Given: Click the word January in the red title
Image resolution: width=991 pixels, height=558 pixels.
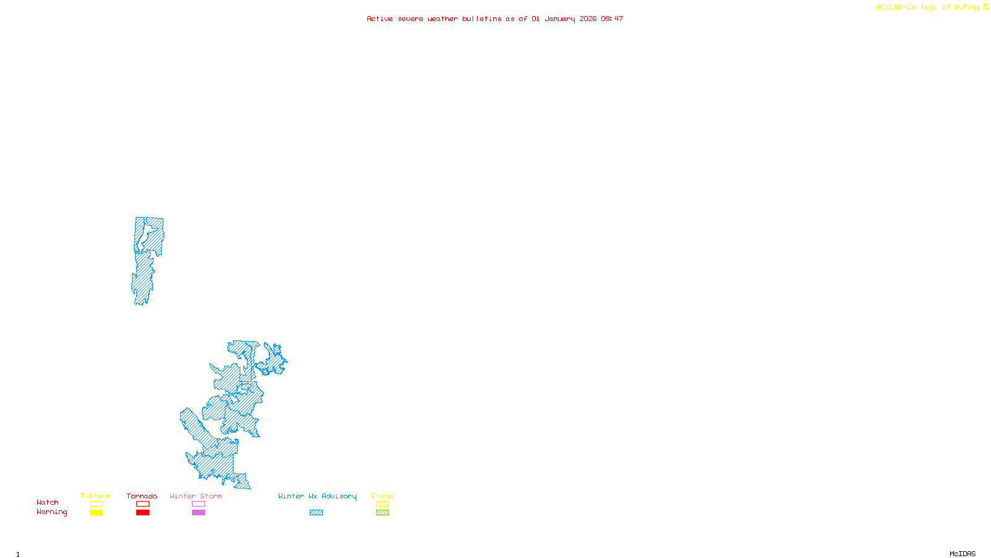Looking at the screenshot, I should click(x=559, y=19).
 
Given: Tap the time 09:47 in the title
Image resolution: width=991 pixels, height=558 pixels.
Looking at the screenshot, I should click(x=611, y=19).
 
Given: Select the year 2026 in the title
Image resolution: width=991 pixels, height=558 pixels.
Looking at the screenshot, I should click(x=588, y=19).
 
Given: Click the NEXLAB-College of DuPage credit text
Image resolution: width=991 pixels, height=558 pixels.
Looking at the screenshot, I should click(x=928, y=7).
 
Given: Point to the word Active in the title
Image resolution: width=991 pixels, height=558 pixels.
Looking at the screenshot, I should click(x=380, y=19).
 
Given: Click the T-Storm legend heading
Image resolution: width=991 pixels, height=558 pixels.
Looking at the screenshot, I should click(x=95, y=496).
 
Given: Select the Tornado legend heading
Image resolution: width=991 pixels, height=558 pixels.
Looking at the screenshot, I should click(x=142, y=496).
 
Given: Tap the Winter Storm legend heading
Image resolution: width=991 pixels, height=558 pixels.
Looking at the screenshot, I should click(x=196, y=496).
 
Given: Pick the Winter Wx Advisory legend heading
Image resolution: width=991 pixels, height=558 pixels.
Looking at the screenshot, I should click(x=317, y=496).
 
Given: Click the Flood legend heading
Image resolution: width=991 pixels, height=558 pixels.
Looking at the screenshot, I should click(x=382, y=496).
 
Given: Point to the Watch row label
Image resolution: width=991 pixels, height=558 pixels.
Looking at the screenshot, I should click(x=48, y=502).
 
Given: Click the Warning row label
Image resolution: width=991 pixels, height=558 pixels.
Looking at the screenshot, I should click(x=52, y=512).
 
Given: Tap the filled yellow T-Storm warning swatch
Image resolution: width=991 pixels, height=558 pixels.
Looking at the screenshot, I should click(x=96, y=513).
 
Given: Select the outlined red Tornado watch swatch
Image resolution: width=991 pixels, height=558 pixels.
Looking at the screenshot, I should click(x=142, y=504).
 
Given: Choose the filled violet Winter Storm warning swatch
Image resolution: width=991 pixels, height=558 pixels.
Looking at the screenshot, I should click(x=198, y=513).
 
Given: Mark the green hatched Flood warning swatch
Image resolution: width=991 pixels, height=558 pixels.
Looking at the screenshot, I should click(x=382, y=513).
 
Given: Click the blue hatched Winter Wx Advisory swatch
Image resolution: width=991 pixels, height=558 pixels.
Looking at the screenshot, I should click(x=316, y=513).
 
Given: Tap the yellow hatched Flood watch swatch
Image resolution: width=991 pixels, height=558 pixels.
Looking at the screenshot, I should click(x=382, y=504).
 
